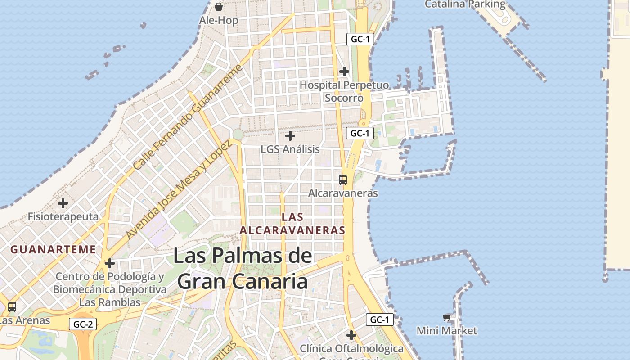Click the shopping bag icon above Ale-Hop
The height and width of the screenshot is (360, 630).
(219, 7)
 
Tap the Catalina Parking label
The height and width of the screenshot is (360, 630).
(465, 4)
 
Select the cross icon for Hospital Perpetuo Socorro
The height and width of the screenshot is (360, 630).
(344, 72)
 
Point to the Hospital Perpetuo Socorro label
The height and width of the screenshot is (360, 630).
(344, 91)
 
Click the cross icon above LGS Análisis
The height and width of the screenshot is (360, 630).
(290, 135)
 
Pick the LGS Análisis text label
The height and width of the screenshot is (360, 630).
(290, 149)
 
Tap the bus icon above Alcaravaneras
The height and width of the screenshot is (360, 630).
(343, 180)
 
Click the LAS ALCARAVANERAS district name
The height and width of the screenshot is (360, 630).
(292, 224)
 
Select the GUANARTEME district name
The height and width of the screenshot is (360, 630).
(53, 249)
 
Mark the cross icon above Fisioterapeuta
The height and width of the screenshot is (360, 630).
(63, 203)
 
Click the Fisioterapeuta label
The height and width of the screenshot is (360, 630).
(63, 216)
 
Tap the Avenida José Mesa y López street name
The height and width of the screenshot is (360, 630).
(179, 189)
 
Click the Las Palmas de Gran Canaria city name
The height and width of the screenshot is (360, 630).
(243, 269)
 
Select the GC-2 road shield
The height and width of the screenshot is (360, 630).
(83, 324)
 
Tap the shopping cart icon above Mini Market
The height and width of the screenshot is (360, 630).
(447, 317)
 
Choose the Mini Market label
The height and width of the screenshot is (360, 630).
(447, 331)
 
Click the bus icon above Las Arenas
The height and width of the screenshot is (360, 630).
(12, 307)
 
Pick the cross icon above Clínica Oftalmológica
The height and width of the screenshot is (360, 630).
(351, 335)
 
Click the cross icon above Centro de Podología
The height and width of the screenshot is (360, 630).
(110, 263)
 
